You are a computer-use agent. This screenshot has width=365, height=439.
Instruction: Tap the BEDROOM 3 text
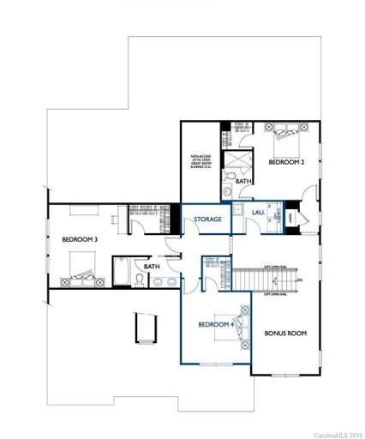(80, 240)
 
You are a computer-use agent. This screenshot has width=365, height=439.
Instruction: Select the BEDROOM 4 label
(216, 325)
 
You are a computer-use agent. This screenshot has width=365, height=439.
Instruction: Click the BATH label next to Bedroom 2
(244, 181)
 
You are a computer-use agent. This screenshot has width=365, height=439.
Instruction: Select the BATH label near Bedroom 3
(152, 267)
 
